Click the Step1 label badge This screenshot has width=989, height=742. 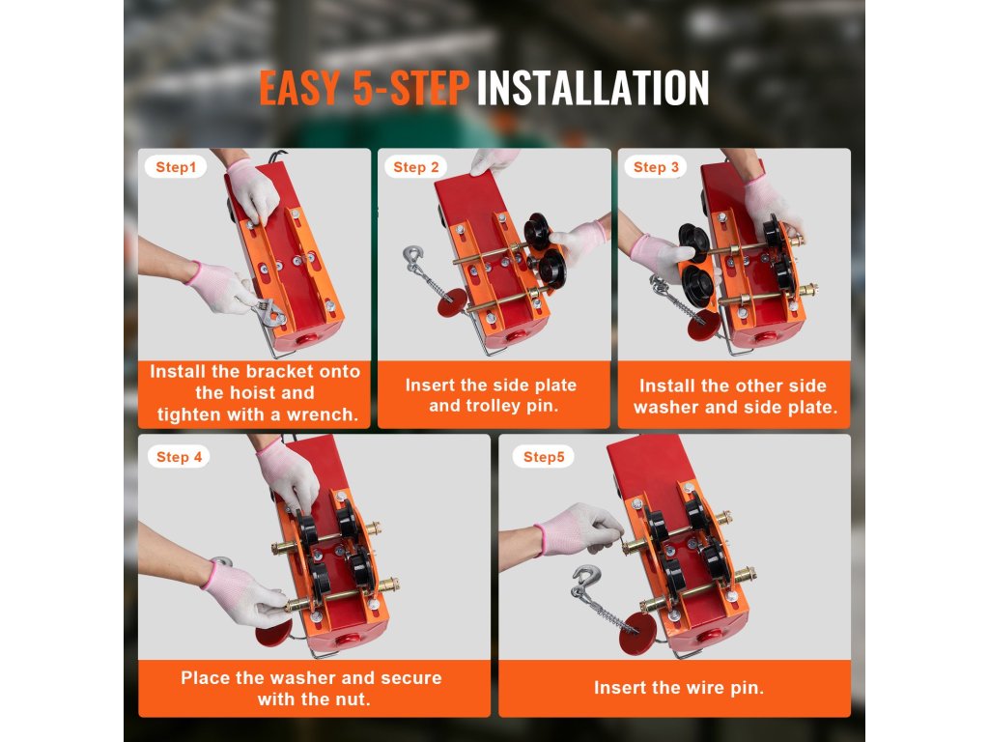[x=176, y=167]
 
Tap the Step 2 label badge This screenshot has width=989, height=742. [x=415, y=167]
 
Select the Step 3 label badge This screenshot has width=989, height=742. [x=656, y=167]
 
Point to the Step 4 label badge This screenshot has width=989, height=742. [x=179, y=457]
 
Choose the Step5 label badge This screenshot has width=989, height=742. [x=544, y=457]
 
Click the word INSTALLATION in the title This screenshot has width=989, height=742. [x=593, y=88]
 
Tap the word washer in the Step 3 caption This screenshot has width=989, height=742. [x=665, y=407]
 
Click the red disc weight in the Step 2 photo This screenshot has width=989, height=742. [x=452, y=302]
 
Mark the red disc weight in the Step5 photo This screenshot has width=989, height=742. [x=637, y=634]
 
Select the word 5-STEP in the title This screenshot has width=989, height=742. [x=410, y=88]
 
